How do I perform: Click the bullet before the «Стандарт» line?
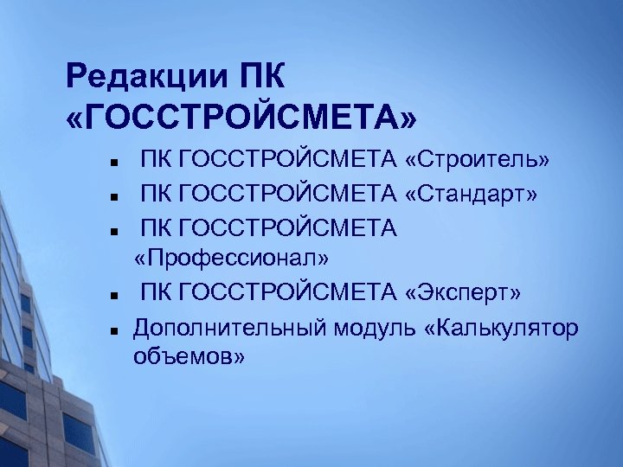[x=113, y=195]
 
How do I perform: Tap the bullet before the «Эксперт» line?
[x=113, y=294]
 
